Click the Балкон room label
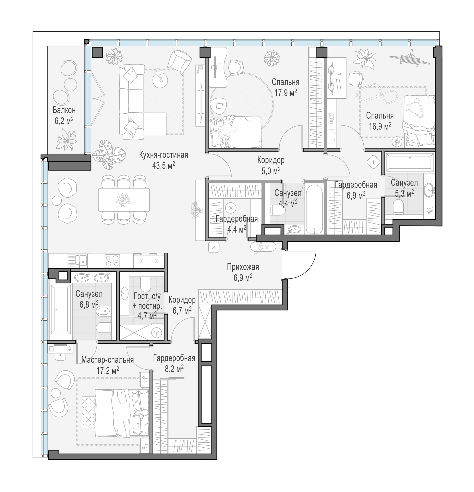click(x=64, y=110)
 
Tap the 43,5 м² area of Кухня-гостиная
click(x=163, y=166)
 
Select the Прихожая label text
click(x=243, y=267)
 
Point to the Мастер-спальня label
click(x=107, y=360)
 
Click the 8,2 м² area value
click(x=174, y=369)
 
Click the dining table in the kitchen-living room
click(x=124, y=200)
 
